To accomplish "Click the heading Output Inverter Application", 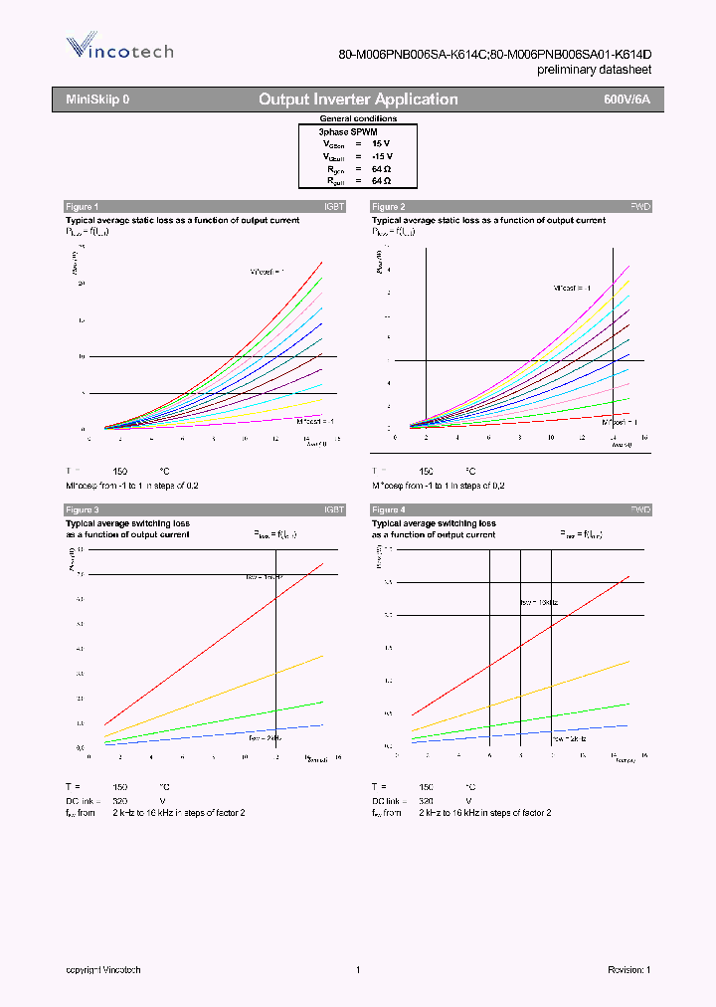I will (x=358, y=100).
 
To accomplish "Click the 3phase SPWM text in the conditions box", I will (x=347, y=131).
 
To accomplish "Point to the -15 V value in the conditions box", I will (x=382, y=156).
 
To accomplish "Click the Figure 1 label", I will (x=82, y=206).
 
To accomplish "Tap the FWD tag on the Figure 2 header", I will (x=640, y=206).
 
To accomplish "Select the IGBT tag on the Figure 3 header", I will (x=334, y=509).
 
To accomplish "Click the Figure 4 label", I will (x=388, y=509).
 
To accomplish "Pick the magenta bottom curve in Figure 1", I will (x=249, y=421).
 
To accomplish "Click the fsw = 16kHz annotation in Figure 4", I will (x=540, y=602).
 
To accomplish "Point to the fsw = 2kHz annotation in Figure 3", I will (x=266, y=738).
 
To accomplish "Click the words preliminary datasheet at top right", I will (x=595, y=70).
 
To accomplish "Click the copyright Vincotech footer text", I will (x=103, y=969).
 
